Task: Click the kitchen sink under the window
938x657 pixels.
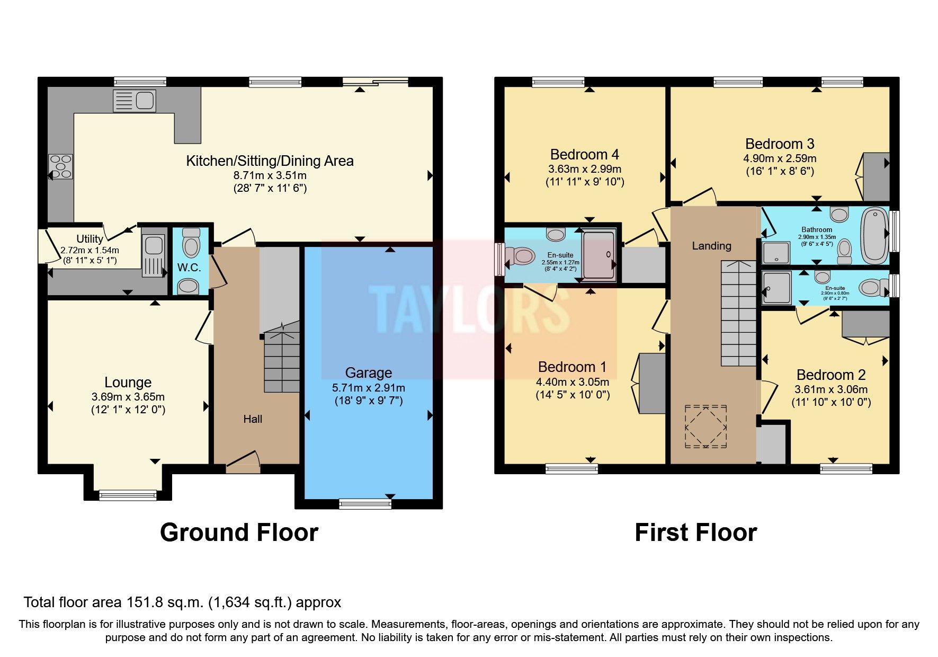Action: (135, 101)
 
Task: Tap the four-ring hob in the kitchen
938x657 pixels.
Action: (60, 166)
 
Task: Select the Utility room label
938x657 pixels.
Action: (90, 239)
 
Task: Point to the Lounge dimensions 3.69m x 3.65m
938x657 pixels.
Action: (128, 397)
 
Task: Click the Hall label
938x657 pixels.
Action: (253, 419)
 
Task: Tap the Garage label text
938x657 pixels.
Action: (368, 373)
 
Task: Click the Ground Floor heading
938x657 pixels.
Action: (239, 532)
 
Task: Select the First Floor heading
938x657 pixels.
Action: (695, 532)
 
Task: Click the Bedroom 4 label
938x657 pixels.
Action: (584, 155)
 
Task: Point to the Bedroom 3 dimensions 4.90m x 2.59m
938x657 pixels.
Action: (780, 158)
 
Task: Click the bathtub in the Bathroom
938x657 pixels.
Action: (874, 235)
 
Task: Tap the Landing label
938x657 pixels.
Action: (711, 246)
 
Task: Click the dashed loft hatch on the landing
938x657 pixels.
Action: (706, 427)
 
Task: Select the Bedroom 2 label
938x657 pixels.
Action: (830, 375)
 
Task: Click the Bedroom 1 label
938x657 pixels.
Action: (572, 367)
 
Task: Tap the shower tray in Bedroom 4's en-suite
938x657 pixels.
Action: (599, 255)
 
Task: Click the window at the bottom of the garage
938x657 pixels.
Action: (365, 504)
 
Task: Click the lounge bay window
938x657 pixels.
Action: (128, 495)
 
